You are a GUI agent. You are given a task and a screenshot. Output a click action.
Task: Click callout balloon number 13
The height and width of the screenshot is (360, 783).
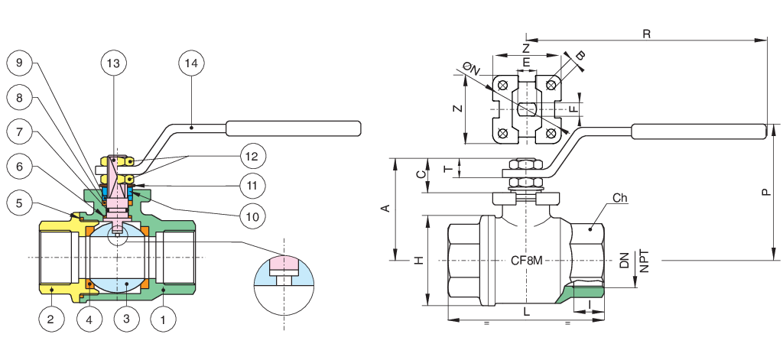[x=113, y=63]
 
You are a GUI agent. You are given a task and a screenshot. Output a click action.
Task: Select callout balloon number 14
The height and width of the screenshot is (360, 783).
[x=191, y=63]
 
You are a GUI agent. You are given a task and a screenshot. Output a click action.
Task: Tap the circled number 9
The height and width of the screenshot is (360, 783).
[x=20, y=63]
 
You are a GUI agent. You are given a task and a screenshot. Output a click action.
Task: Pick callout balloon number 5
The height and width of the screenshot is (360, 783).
[x=20, y=203]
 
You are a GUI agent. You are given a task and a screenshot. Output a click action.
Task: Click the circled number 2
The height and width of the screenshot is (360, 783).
[x=51, y=319]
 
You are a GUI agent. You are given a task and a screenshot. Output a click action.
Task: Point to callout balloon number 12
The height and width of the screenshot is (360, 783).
[x=252, y=156]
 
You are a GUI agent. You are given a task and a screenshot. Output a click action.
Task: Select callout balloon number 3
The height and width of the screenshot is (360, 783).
[x=126, y=319]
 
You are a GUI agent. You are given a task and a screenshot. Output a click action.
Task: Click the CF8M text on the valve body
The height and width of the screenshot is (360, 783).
[x=526, y=261]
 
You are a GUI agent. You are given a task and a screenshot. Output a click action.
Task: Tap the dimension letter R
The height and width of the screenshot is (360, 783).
[x=646, y=34]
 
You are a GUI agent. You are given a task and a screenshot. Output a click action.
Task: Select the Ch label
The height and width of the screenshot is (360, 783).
[x=619, y=198]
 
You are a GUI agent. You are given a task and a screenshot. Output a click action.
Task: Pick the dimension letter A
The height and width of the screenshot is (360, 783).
[x=385, y=208]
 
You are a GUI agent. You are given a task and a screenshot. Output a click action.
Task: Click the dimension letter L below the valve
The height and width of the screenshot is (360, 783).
[x=526, y=312]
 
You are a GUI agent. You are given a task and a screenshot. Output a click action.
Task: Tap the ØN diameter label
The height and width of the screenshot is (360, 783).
[x=471, y=68]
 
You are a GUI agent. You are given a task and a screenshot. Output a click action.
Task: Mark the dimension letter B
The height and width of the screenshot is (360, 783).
[x=580, y=56]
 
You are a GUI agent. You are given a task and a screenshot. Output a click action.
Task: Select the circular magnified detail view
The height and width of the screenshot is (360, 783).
[x=284, y=285]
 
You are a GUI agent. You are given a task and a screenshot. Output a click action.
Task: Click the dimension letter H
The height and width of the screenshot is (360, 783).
[x=420, y=260]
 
